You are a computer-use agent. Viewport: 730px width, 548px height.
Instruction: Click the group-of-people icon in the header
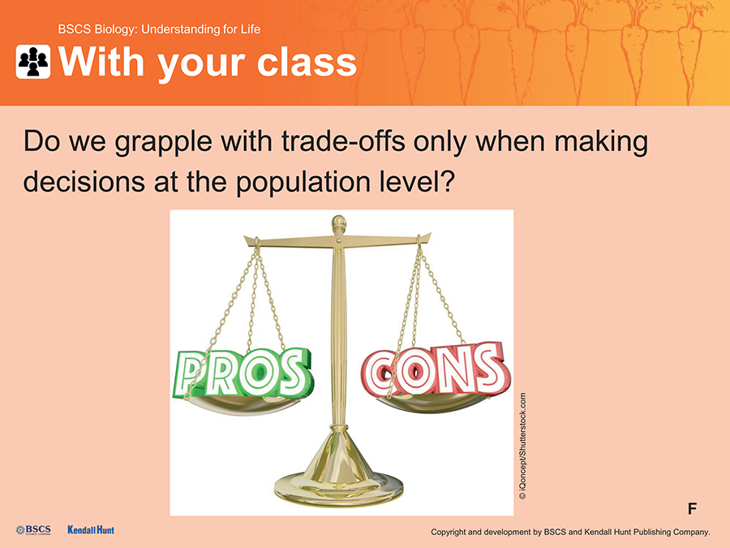(33, 62)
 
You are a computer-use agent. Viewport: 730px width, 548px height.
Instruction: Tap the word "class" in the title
(307, 62)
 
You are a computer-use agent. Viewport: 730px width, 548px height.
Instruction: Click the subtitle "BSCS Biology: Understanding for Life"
(159, 29)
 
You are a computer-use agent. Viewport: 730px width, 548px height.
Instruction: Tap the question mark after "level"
(446, 181)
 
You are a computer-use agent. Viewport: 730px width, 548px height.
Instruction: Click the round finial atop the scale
(339, 222)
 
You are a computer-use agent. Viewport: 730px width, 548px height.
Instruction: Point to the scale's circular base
(338, 488)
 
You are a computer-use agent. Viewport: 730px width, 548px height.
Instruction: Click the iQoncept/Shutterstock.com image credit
(523, 447)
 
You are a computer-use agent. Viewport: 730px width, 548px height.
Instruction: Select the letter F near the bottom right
(693, 508)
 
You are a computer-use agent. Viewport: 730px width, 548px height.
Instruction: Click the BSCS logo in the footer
(33, 530)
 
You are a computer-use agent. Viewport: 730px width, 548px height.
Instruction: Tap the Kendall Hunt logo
(91, 530)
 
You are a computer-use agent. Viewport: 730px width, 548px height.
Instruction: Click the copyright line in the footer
(570, 532)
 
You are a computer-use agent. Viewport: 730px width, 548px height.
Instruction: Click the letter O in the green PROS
(256, 373)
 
